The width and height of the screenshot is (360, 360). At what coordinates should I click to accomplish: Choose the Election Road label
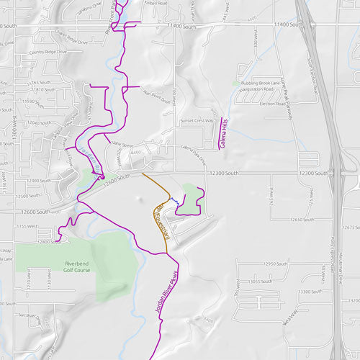coord(274,104)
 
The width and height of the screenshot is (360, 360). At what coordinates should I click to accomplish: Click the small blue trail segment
coord(174,204)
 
